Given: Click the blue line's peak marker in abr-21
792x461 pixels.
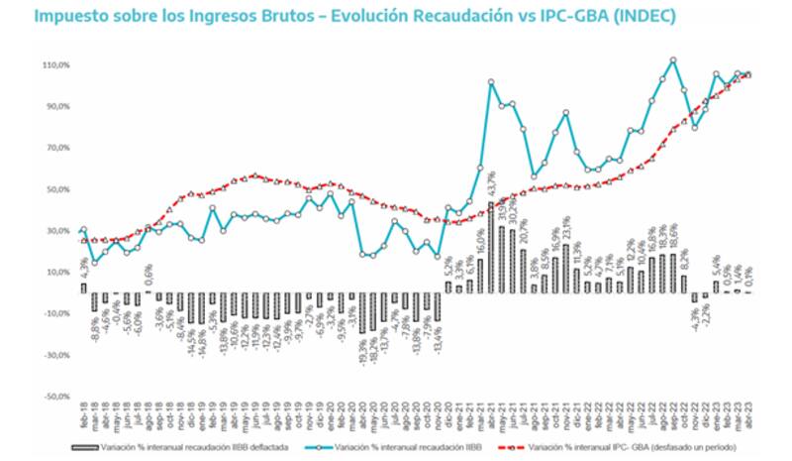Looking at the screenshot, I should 491,82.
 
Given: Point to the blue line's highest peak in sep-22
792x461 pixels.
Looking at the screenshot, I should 673,59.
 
